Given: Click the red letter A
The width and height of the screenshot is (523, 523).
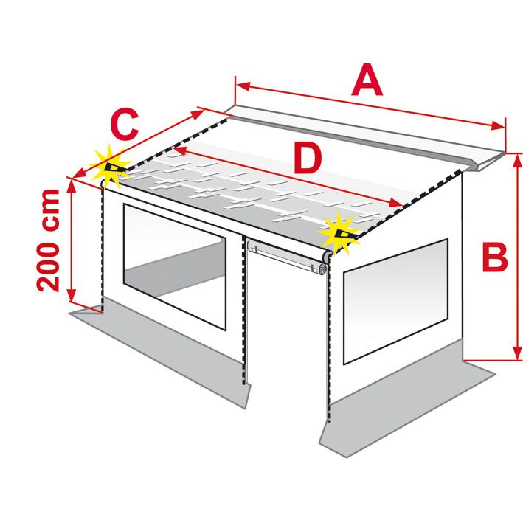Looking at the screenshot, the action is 367,80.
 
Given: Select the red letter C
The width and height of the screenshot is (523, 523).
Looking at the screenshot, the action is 125,124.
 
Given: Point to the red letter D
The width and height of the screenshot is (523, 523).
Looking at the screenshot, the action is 308,158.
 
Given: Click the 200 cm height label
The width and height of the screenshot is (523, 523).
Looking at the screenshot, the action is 48,240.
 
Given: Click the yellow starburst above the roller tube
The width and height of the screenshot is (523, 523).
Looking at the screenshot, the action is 340,235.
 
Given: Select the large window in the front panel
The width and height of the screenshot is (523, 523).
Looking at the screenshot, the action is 174,266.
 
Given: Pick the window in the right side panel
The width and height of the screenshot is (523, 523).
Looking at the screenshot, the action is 395,301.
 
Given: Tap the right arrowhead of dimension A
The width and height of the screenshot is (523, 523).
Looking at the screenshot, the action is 499,126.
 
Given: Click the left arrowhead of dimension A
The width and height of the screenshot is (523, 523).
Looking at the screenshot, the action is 243,86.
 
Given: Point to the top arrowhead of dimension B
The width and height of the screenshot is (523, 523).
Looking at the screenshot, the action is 516,161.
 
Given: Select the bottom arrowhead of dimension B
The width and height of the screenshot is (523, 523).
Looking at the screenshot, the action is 516,353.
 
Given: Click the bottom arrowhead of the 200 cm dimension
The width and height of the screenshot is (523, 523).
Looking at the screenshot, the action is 72,294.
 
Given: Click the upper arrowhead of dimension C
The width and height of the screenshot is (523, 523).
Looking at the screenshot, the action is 198,114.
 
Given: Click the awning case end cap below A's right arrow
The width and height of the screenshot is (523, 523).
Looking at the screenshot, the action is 488,162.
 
